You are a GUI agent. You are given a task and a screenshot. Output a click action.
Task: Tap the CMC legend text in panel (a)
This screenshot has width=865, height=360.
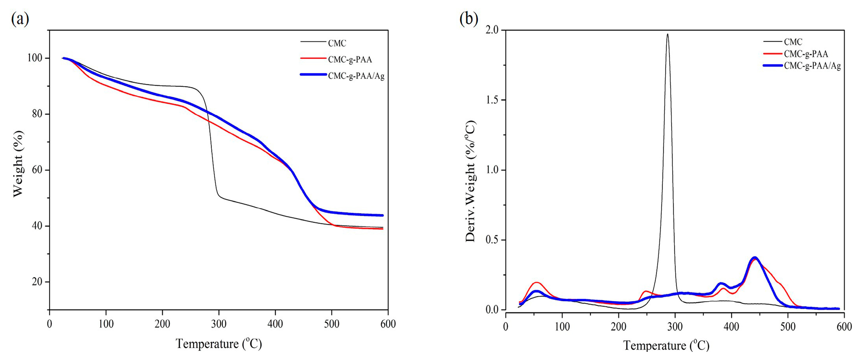[x=337, y=43]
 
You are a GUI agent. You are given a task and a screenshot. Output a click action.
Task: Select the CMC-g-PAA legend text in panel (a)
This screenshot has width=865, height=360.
[x=350, y=60]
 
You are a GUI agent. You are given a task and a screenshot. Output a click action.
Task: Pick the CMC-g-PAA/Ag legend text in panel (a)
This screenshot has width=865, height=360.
[x=356, y=76]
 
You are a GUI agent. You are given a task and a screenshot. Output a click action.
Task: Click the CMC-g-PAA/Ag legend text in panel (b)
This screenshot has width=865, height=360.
[x=812, y=65]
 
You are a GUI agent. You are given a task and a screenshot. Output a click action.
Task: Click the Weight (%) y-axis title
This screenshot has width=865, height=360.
[x=18, y=164]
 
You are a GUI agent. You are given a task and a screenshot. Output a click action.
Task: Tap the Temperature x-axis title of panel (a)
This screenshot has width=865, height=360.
[x=219, y=344]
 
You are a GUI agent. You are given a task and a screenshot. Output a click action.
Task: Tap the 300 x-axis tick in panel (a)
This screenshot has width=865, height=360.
[x=219, y=324]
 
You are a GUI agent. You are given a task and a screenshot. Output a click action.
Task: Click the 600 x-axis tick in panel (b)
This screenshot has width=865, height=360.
[x=844, y=326]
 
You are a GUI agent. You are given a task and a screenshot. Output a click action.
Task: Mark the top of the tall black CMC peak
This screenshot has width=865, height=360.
[x=667, y=34]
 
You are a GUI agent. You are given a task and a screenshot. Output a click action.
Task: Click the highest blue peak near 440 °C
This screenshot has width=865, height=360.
[x=752, y=258]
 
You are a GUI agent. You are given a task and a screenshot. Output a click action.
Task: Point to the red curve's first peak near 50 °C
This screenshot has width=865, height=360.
[x=536, y=282]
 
